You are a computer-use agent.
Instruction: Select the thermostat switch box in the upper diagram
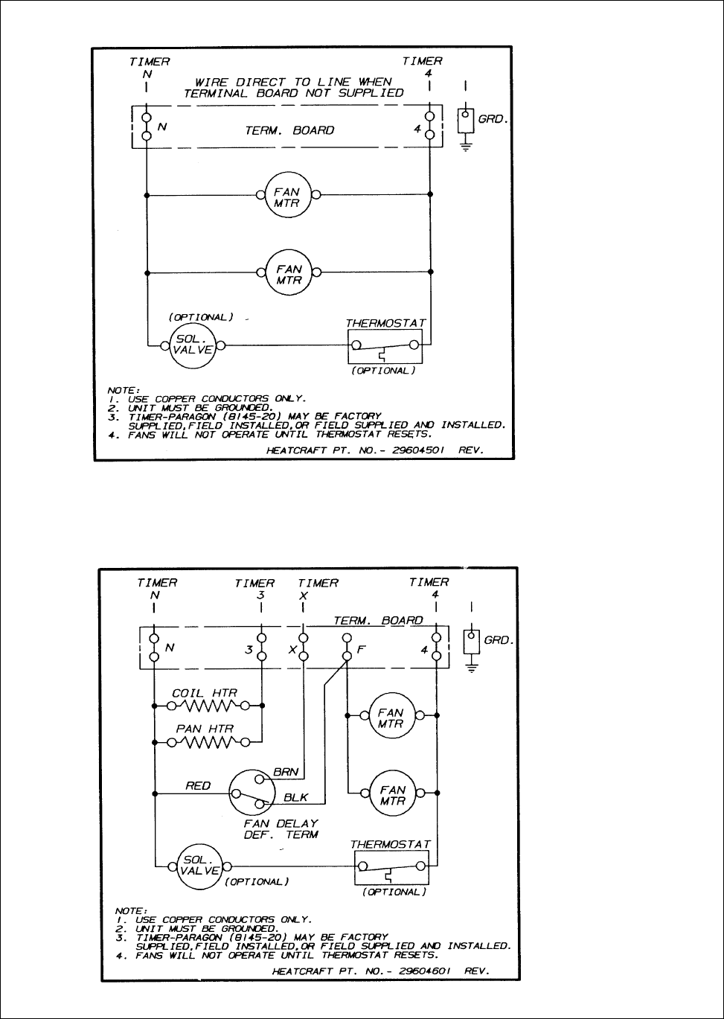(385, 347)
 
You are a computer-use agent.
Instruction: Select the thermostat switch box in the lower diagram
(392, 867)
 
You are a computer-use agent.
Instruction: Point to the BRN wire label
(286, 773)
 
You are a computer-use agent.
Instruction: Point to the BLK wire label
(296, 797)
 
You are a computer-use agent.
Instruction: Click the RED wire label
(198, 785)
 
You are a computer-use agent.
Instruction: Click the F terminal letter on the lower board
(361, 649)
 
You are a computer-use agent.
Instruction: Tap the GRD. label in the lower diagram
(499, 640)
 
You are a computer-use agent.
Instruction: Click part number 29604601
(417, 971)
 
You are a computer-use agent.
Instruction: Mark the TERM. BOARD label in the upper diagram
(290, 130)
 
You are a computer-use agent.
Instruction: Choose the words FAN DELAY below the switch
(281, 823)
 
